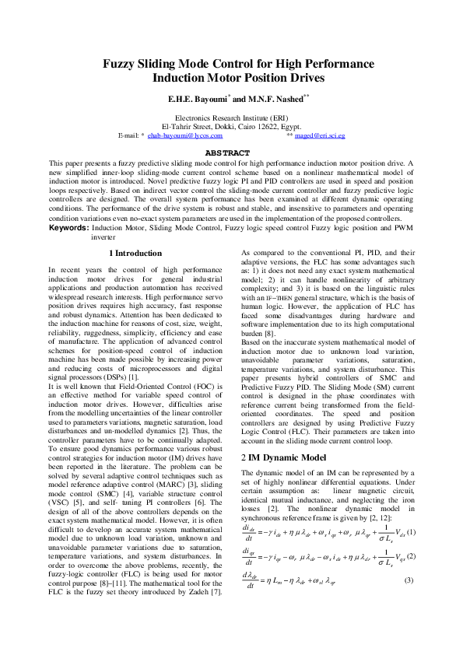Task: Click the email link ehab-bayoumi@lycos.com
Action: pyautogui.click(x=180, y=135)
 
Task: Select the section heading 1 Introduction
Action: pyautogui.click(x=136, y=254)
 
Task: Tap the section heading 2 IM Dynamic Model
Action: pyautogui.click(x=283, y=457)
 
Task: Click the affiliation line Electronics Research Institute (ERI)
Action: pyautogui.click(x=231, y=117)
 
